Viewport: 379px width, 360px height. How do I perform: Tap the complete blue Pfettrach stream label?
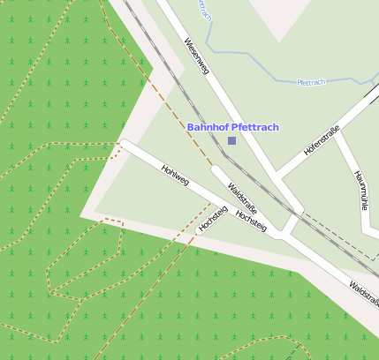click(x=312, y=82)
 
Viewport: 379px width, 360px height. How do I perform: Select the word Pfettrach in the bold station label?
click(x=255, y=127)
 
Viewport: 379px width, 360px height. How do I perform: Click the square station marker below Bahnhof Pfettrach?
click(x=231, y=140)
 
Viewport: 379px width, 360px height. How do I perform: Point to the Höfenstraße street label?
click(x=322, y=141)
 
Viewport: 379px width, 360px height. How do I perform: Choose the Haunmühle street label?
click(x=360, y=191)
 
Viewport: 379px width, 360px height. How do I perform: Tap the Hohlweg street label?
click(x=175, y=176)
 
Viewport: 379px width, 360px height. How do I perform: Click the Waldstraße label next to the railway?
click(x=242, y=199)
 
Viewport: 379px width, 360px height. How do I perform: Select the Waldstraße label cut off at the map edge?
click(x=364, y=294)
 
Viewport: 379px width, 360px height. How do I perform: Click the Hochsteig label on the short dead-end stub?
click(x=214, y=218)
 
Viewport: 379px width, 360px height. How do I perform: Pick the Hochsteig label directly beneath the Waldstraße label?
click(x=252, y=221)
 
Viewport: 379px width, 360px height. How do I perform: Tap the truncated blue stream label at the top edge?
click(x=205, y=10)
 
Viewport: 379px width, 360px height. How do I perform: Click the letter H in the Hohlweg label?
click(x=164, y=167)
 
